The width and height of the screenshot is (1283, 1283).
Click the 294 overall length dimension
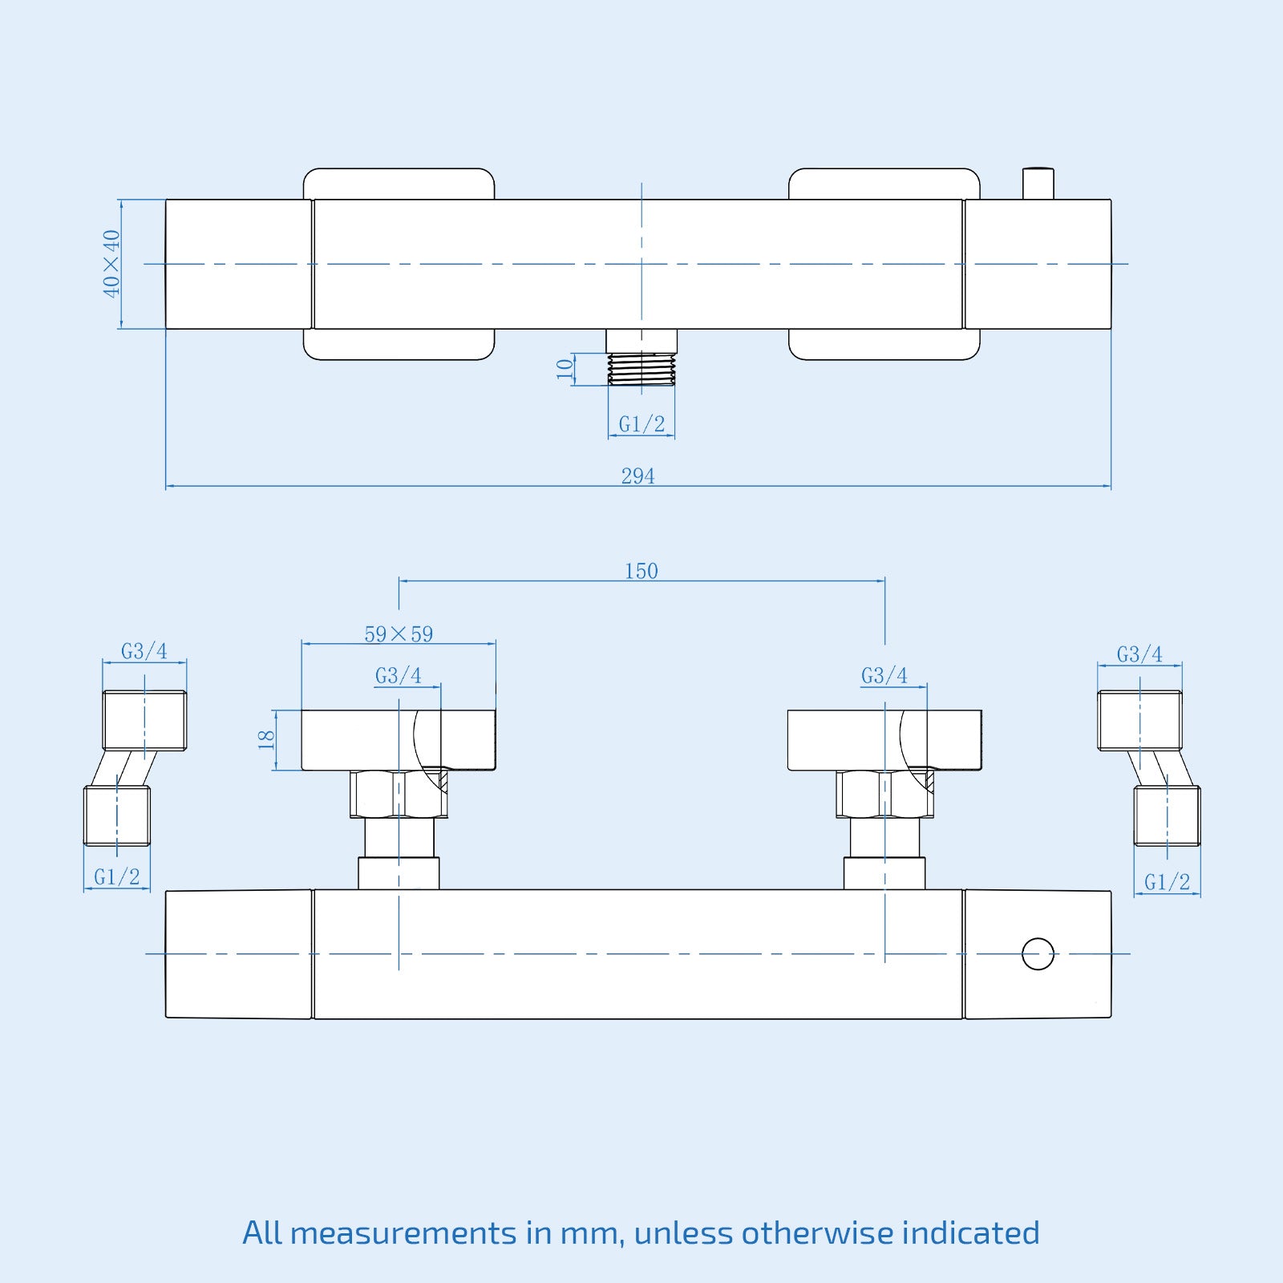pyautogui.click(x=637, y=476)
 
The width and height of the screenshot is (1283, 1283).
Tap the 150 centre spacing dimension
pyautogui.click(x=641, y=571)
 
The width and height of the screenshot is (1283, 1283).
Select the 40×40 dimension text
pyautogui.click(x=111, y=263)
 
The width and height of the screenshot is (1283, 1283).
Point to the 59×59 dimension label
pyautogui.click(x=399, y=634)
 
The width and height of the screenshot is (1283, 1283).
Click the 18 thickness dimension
pyautogui.click(x=266, y=739)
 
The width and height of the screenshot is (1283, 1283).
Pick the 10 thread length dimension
pyautogui.click(x=565, y=369)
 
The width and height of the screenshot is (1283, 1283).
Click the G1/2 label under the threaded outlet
pyautogui.click(x=641, y=423)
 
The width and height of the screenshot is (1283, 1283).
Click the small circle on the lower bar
pyautogui.click(x=1038, y=953)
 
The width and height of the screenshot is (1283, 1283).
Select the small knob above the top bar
pyautogui.click(x=1038, y=184)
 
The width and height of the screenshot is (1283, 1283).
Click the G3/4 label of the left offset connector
pyautogui.click(x=144, y=651)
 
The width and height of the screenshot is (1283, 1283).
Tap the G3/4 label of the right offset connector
pyautogui.click(x=1139, y=654)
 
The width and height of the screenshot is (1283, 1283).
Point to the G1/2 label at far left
pyautogui.click(x=116, y=877)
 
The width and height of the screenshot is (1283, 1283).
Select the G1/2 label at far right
pyautogui.click(x=1167, y=882)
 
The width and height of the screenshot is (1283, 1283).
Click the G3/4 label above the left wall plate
pyautogui.click(x=399, y=676)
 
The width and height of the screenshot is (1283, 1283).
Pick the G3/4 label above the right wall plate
pyautogui.click(x=884, y=676)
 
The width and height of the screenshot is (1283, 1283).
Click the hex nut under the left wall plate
pyautogui.click(x=398, y=794)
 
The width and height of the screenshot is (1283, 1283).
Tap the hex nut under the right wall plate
pyautogui.click(x=884, y=794)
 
